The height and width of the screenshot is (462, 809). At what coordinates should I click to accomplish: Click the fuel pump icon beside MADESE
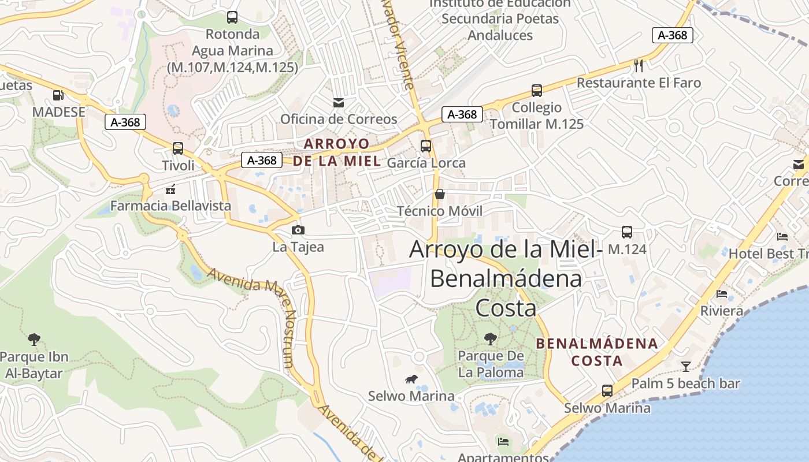click(x=58, y=95)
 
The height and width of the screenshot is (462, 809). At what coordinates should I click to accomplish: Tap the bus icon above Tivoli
click(x=178, y=148)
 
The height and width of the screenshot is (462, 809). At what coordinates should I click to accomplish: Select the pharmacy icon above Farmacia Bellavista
click(x=170, y=189)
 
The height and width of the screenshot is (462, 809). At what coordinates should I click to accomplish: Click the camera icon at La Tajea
click(x=298, y=230)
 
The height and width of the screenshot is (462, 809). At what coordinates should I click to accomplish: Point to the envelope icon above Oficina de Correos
click(x=339, y=103)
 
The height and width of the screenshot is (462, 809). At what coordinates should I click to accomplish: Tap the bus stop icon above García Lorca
click(x=426, y=146)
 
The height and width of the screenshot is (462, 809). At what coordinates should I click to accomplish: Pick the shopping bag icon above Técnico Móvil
click(x=440, y=194)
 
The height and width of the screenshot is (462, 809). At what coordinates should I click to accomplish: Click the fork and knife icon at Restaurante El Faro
click(x=639, y=66)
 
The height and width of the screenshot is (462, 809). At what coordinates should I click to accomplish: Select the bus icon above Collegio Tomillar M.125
click(x=537, y=91)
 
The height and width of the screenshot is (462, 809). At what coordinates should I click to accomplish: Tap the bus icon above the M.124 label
click(x=627, y=232)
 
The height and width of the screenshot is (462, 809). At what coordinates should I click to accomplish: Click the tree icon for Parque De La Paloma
click(x=491, y=339)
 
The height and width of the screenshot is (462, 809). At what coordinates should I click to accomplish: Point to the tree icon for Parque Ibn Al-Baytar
click(x=35, y=339)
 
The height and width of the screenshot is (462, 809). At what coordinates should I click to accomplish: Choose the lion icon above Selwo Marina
click(x=411, y=379)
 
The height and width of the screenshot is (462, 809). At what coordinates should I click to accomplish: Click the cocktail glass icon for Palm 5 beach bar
click(x=686, y=366)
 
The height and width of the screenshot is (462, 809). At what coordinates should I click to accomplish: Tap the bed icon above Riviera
click(x=722, y=294)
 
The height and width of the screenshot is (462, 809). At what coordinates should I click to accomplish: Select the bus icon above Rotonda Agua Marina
click(x=232, y=17)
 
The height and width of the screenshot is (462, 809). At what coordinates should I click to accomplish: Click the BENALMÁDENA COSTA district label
click(x=597, y=352)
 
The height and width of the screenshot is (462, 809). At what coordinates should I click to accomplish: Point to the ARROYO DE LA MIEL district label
click(x=337, y=152)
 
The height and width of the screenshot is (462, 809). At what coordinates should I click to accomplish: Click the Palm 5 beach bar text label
click(x=685, y=383)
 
